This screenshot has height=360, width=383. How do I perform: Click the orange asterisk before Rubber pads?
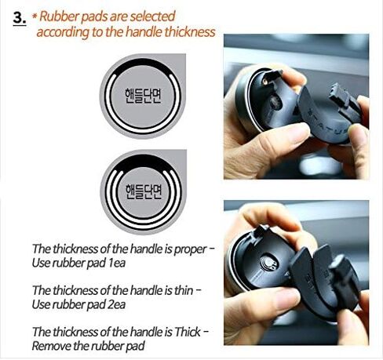tap(36, 15)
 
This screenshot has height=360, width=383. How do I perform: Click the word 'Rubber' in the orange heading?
tap(59, 16)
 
